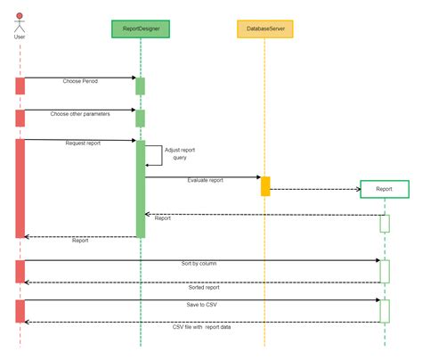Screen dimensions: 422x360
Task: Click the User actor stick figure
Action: (x=20, y=23)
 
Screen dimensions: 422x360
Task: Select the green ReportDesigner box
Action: (x=141, y=29)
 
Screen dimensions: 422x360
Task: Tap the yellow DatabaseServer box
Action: (x=265, y=29)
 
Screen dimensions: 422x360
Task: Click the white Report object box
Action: (x=385, y=189)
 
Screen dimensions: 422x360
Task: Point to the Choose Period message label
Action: (x=80, y=81)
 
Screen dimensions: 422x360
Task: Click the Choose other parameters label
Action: (x=80, y=114)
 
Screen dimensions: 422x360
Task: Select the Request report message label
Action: (x=83, y=143)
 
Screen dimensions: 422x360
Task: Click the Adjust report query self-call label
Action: (x=180, y=153)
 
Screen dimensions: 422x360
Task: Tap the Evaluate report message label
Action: (x=205, y=180)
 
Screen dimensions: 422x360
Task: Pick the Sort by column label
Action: (x=199, y=264)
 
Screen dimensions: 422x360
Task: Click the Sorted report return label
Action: (x=204, y=288)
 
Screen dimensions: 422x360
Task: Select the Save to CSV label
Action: (x=201, y=305)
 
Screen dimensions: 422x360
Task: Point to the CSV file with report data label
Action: (x=201, y=327)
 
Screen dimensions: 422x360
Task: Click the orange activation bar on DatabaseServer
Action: (x=265, y=186)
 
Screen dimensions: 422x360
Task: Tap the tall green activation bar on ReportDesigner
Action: (x=141, y=189)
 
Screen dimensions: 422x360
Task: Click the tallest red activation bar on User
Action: (x=20, y=188)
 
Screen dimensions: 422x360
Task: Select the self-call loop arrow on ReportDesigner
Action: (x=162, y=155)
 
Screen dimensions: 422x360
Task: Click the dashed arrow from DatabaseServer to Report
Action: (x=315, y=189)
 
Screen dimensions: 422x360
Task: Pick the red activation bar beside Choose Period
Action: (x=20, y=86)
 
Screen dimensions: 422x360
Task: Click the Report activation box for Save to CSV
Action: (x=385, y=311)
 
